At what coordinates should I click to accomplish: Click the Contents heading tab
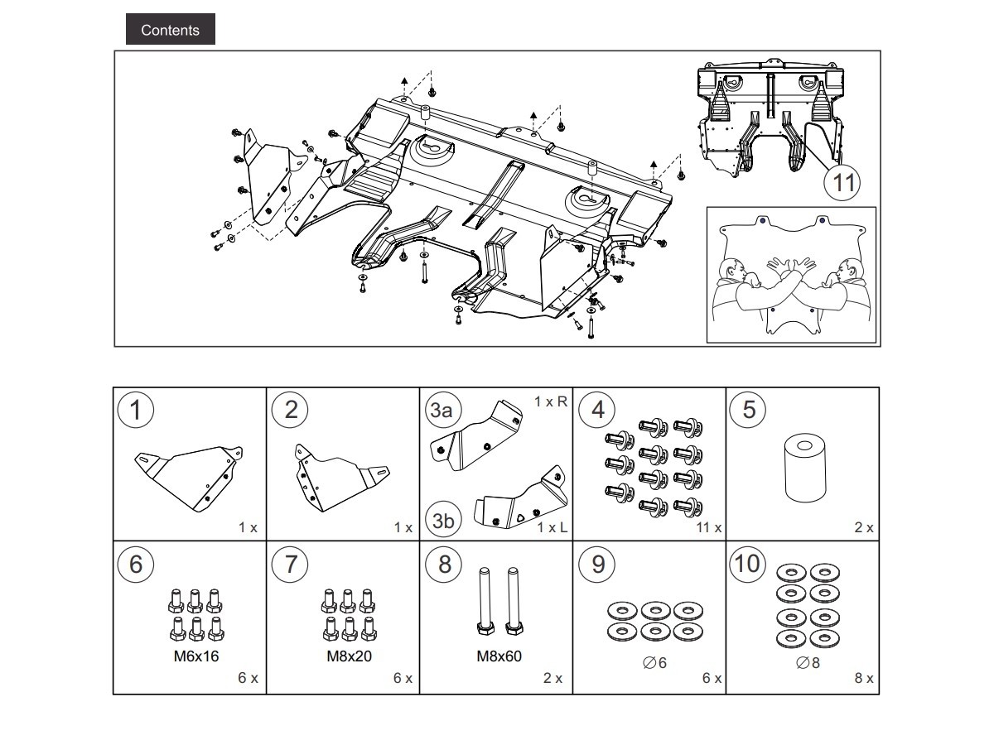pyautogui.click(x=170, y=30)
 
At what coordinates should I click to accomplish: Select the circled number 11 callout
pyautogui.click(x=842, y=181)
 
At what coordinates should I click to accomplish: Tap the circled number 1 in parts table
pyautogui.click(x=136, y=410)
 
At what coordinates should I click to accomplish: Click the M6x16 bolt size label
pyautogui.click(x=196, y=656)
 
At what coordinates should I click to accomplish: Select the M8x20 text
pyautogui.click(x=349, y=656)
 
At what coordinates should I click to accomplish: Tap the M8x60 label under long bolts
pyautogui.click(x=499, y=656)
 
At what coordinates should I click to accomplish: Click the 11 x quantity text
pyautogui.click(x=708, y=527)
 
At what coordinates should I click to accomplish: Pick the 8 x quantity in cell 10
pyautogui.click(x=864, y=678)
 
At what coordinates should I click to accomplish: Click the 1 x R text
pyautogui.click(x=551, y=401)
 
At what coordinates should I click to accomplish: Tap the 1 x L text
pyautogui.click(x=552, y=527)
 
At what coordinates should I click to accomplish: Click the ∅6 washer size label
pyautogui.click(x=654, y=662)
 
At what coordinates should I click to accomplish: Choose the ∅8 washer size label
pyautogui.click(x=808, y=662)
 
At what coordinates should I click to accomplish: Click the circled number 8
pyautogui.click(x=444, y=565)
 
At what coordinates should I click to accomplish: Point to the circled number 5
pyautogui.click(x=749, y=410)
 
